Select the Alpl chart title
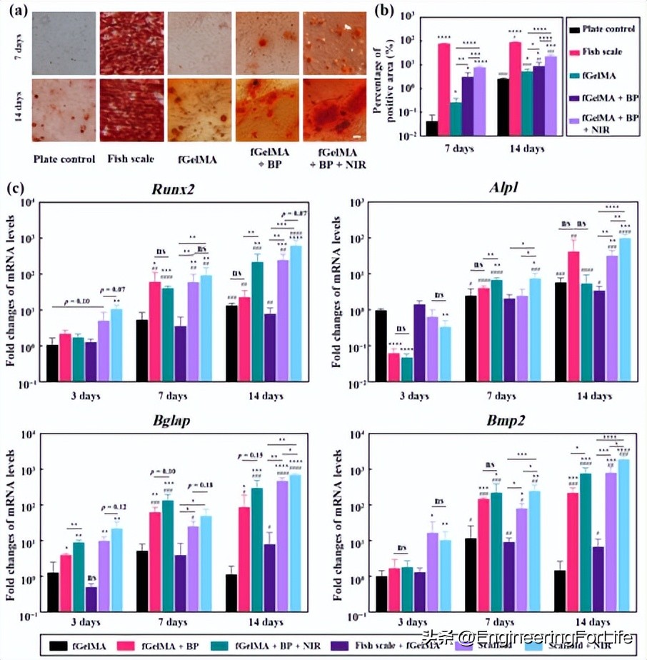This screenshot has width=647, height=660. [495, 190]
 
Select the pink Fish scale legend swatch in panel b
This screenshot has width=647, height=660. [553, 51]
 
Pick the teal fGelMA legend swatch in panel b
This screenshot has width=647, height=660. [553, 74]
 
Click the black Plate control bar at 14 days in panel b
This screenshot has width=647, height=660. [503, 106]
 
